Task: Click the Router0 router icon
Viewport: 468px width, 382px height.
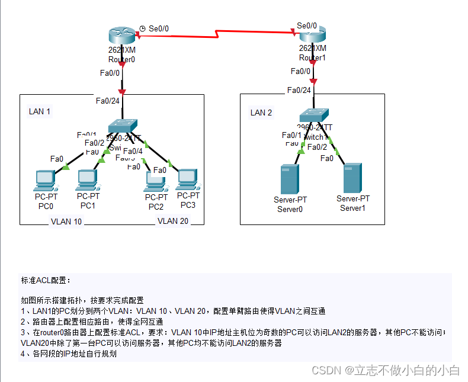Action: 122,36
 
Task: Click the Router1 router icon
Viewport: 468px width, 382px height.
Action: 312,35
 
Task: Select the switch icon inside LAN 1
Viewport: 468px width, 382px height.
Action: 123,126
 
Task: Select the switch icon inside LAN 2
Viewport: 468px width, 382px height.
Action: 313,115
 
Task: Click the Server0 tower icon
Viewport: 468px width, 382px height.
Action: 290,179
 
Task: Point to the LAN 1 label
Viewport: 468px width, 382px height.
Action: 40,111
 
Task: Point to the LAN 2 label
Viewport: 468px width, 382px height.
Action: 261,113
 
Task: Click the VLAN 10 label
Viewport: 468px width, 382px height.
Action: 66,222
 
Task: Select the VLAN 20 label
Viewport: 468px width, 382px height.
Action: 172,221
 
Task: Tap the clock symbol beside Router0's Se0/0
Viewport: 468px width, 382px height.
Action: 142,27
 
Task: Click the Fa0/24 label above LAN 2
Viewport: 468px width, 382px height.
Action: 299,90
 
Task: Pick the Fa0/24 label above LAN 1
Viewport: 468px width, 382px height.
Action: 108,101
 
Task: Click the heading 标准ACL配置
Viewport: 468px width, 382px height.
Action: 46,280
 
